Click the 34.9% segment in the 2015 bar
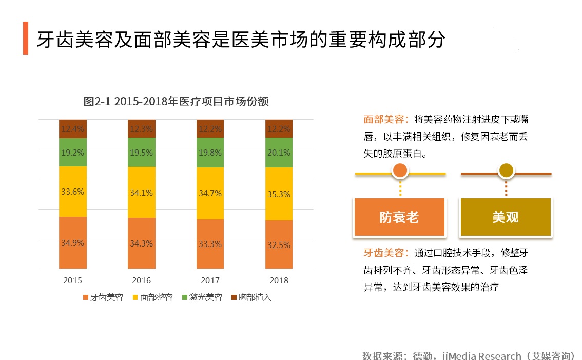(72, 242)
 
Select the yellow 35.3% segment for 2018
(279, 194)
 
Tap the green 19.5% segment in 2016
(141, 153)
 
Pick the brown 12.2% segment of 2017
(210, 129)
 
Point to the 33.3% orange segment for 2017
(210, 244)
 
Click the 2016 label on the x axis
(141, 280)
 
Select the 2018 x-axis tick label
(279, 280)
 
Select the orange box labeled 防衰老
(399, 217)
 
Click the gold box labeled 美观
(506, 217)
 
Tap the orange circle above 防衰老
(400, 171)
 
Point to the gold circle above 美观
(506, 171)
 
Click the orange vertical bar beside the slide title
(26, 39)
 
